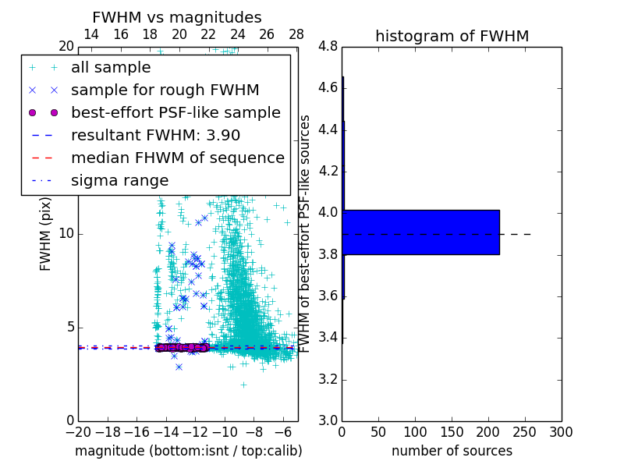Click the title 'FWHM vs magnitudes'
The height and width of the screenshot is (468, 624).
tap(176, 18)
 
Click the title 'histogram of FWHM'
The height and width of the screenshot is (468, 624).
tap(452, 36)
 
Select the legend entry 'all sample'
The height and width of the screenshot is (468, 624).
tap(111, 68)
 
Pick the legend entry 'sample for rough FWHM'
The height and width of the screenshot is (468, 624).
tap(165, 90)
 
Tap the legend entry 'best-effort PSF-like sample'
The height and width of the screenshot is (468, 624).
tap(175, 112)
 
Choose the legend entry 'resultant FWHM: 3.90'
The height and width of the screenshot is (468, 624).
tap(155, 135)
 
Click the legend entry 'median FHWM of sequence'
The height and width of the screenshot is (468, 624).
tap(177, 158)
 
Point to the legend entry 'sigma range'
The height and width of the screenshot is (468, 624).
tap(119, 180)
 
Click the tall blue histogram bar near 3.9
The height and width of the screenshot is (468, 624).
tap(420, 232)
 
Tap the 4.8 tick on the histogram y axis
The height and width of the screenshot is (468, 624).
tap(328, 46)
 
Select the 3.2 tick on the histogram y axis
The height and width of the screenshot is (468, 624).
tap(328, 379)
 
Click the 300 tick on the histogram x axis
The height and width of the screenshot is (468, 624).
tap(561, 431)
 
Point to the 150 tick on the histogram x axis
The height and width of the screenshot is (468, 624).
tap(452, 431)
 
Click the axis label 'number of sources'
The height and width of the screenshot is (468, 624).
tap(452, 451)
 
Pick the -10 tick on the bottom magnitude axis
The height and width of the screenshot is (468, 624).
tap(225, 431)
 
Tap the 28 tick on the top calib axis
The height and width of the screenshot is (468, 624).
tap(296, 34)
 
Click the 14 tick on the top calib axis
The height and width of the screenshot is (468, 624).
tap(91, 34)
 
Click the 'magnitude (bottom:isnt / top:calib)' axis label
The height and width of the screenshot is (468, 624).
tap(188, 451)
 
